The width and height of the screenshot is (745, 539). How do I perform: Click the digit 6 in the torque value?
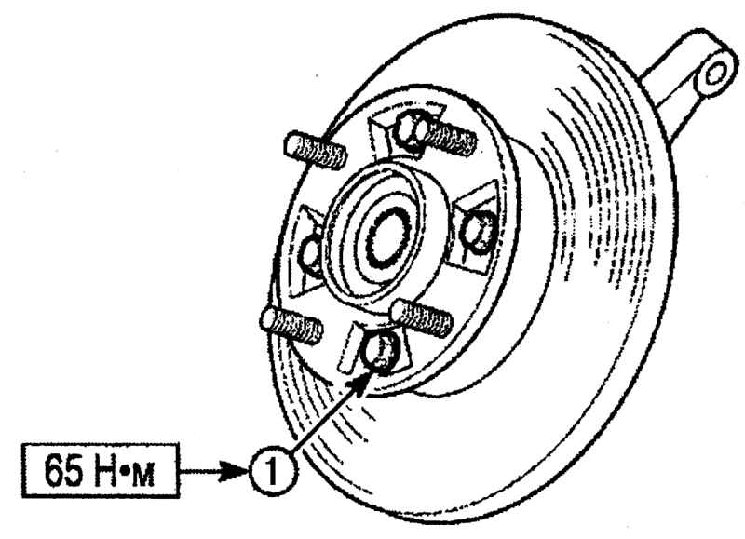click(54, 470)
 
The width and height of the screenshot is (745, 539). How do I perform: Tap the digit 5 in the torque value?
click(74, 470)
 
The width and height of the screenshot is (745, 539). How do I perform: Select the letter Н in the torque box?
click(105, 470)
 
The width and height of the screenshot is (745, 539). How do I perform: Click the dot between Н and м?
click(125, 472)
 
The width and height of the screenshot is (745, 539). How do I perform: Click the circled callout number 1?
click(272, 471)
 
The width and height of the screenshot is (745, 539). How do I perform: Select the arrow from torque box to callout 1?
click(214, 471)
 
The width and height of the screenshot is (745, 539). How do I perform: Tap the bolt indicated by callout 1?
click(379, 350)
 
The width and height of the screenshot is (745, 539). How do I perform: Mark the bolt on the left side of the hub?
click(310, 255)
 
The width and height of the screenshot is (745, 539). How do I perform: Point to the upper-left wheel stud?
click(316, 151)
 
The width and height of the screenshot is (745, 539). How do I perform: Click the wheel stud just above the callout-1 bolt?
click(421, 317)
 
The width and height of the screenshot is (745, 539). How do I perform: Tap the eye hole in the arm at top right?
click(715, 74)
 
